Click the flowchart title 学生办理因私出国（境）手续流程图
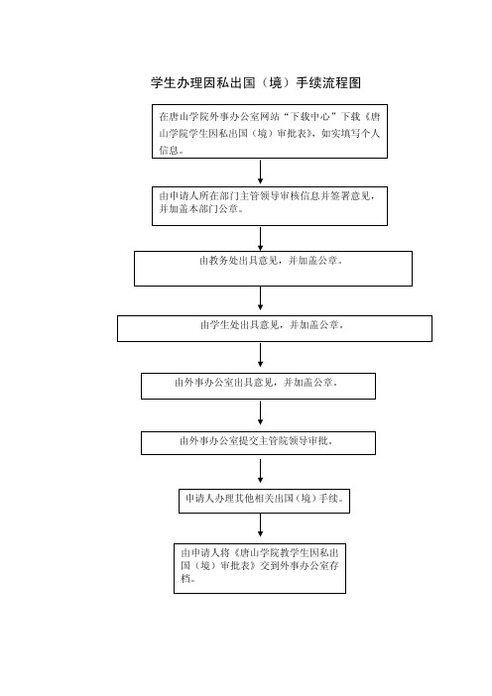(256, 83)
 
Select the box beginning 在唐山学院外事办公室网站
(270, 132)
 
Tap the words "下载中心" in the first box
(309, 117)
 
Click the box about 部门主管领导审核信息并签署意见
(270, 206)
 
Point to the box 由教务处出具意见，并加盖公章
(273, 269)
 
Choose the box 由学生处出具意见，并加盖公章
(275, 328)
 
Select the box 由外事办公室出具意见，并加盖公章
(258, 387)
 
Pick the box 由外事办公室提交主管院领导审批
(258, 443)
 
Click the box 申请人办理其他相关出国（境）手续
(264, 501)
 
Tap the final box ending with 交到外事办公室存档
(260, 569)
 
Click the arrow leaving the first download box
(260, 172)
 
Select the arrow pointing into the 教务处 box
(260, 239)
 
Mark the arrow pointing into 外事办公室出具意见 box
(260, 355)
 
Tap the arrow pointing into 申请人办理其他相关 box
(260, 471)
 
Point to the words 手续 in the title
(308, 83)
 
